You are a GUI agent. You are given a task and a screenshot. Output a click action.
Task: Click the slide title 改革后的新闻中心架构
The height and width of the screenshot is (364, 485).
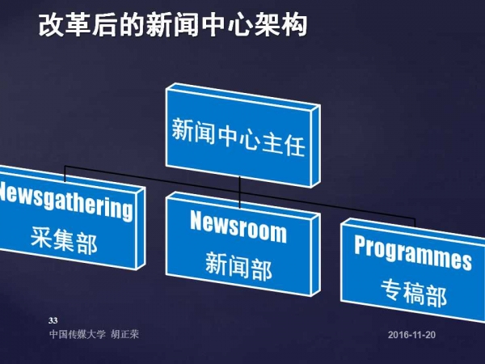[173, 25]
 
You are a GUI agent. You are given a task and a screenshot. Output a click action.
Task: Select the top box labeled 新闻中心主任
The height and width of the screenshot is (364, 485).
[242, 136]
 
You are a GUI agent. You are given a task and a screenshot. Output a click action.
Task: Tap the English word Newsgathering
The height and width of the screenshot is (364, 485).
[65, 201]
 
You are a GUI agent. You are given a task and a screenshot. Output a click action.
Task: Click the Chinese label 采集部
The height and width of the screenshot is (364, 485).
[64, 240]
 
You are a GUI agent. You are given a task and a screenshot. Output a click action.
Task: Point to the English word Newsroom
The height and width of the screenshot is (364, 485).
[238, 226]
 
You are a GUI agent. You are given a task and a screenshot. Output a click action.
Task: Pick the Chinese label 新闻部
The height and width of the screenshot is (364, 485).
[238, 266]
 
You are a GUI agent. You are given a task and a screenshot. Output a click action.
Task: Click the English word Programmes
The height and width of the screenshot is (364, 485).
[413, 252]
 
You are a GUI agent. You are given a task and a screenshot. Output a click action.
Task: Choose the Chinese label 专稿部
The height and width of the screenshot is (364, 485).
[414, 293]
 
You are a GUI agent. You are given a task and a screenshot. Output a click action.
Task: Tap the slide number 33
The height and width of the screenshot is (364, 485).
[53, 320]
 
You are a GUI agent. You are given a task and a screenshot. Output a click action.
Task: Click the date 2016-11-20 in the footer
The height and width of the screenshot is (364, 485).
[411, 335]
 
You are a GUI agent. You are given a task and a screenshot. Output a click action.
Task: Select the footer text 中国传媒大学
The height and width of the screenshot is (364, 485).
[78, 334]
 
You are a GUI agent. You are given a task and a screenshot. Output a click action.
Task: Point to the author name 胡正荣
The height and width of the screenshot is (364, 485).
[125, 334]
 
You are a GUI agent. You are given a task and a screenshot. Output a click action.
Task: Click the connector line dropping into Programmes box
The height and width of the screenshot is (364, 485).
[415, 223]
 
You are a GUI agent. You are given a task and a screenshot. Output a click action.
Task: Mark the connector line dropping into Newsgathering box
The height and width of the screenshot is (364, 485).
[65, 174]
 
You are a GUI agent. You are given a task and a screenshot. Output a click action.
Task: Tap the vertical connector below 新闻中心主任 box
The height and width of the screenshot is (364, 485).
[239, 193]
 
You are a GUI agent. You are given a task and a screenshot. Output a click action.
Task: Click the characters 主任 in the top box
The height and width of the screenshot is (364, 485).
[284, 145]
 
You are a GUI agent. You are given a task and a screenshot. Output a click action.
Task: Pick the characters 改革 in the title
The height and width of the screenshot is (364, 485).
[65, 25]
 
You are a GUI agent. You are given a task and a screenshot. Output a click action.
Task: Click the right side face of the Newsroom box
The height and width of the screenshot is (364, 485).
[315, 255]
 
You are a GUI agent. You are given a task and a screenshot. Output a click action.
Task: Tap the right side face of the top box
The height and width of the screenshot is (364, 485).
[315, 146]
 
